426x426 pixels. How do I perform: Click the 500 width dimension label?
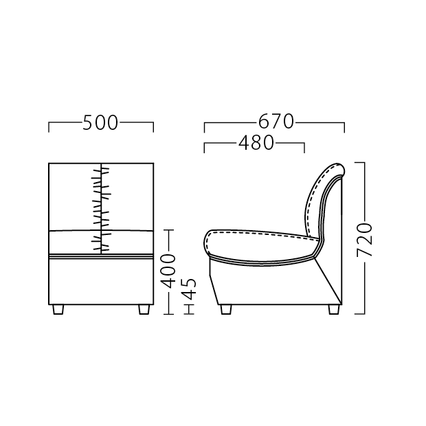[x=100, y=123]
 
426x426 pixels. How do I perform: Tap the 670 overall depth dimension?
[x=276, y=122]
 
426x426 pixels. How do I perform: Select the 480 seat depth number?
[x=256, y=143]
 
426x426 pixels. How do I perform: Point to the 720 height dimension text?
[x=364, y=240]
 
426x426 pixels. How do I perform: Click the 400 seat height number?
[x=168, y=271]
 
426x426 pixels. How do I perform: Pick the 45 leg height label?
[x=188, y=289]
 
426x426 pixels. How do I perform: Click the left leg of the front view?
[x=58, y=309]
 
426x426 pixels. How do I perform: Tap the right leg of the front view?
[x=144, y=309]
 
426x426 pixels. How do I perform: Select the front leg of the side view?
[x=226, y=309]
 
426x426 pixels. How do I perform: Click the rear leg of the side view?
[x=334, y=309]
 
